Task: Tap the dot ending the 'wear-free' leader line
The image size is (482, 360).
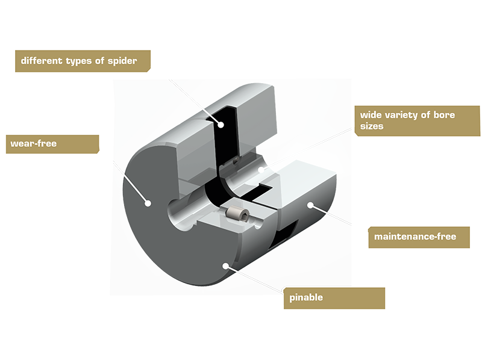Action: click(148, 203)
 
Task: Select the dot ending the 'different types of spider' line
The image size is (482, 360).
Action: click(221, 125)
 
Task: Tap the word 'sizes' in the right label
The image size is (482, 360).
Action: click(372, 127)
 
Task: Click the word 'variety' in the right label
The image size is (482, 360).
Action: click(406, 114)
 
